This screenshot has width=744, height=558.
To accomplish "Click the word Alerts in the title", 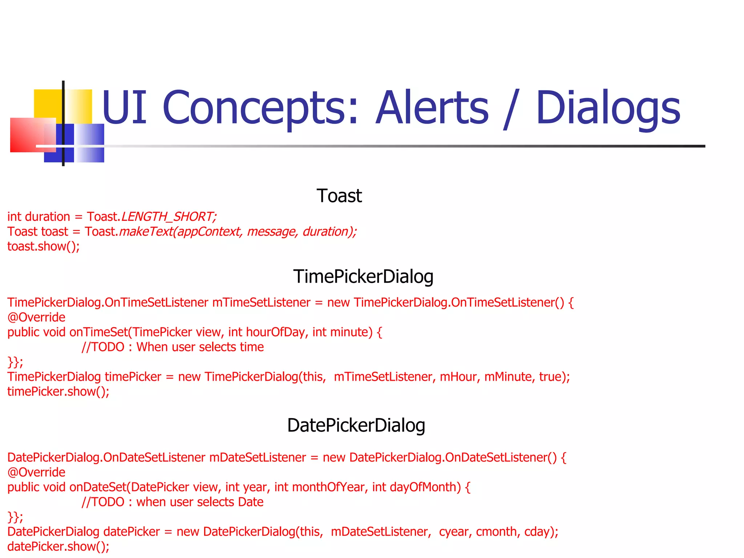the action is (x=432, y=108).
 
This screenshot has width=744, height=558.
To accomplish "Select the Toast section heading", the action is (x=339, y=196).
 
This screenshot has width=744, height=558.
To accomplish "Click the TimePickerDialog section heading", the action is (x=363, y=276).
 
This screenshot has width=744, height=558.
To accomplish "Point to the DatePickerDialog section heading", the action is (x=356, y=425).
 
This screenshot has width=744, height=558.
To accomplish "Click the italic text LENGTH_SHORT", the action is (x=169, y=217).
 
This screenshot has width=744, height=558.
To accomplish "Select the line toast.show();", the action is (x=44, y=247).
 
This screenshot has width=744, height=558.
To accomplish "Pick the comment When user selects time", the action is (x=200, y=347).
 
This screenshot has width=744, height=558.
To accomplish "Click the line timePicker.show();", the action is (x=58, y=392).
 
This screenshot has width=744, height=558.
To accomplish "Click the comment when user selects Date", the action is (x=199, y=502).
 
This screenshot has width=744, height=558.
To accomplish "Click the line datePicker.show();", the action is (x=58, y=547).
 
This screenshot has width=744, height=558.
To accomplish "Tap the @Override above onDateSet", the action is (x=36, y=472).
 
